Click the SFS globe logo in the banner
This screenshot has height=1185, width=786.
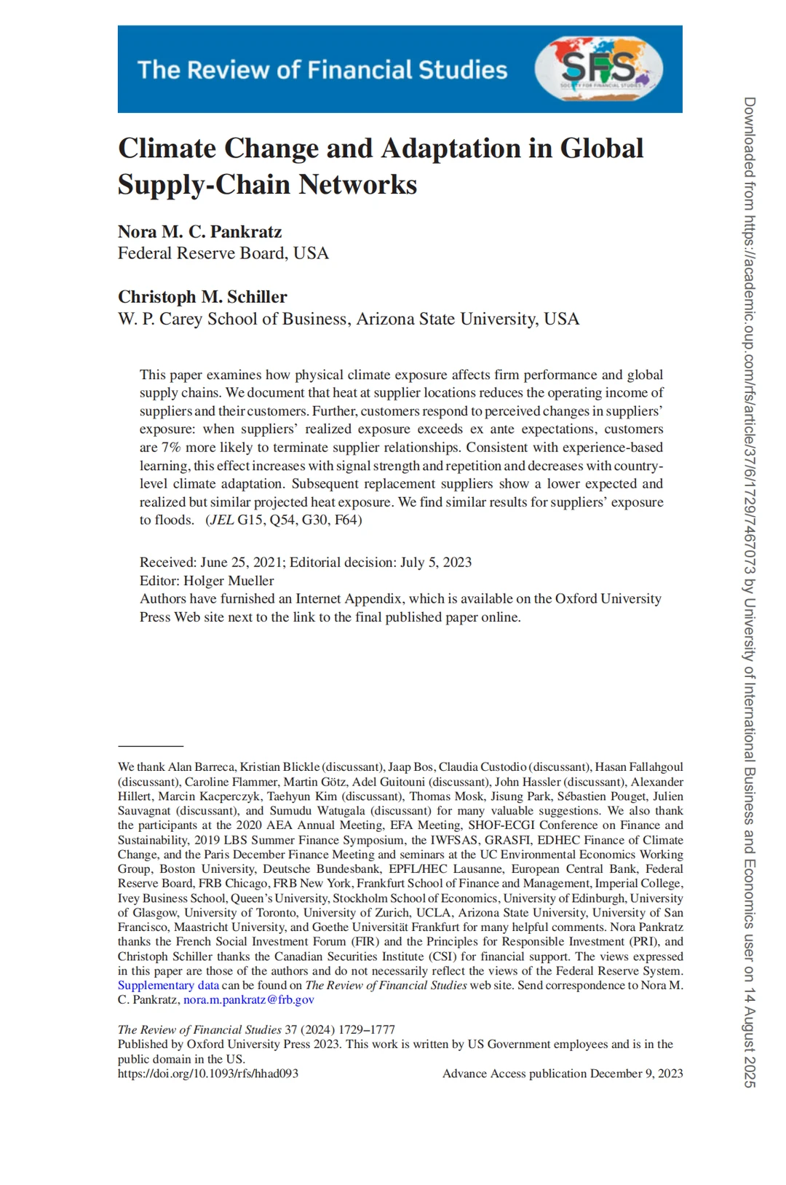click(599, 68)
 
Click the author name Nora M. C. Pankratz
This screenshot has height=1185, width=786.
click(199, 231)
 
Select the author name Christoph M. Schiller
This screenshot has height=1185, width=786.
click(202, 297)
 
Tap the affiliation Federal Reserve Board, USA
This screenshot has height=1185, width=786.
click(223, 253)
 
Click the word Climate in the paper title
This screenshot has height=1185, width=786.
click(167, 148)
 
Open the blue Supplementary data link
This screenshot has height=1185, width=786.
click(168, 986)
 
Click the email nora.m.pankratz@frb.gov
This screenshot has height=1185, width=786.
click(249, 1000)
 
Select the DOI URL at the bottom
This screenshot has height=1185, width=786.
click(208, 1074)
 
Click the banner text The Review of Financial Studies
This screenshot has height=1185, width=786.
click(322, 70)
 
